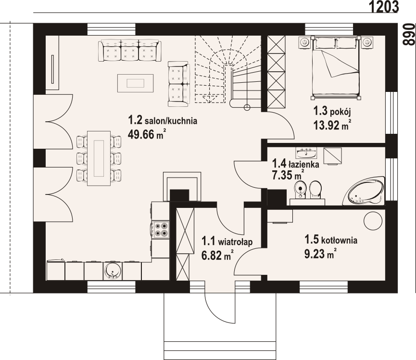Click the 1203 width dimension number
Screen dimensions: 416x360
384,7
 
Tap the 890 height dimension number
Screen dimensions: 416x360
408,35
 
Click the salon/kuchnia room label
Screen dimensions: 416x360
163,120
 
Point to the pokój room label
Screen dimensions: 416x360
332,112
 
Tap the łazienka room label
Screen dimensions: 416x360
296,164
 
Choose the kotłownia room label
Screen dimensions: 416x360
330,240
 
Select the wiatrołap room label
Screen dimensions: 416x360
227,242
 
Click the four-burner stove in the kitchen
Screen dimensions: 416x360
161,230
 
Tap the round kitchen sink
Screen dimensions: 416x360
113,271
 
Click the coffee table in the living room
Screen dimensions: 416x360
135,83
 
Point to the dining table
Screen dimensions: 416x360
99,158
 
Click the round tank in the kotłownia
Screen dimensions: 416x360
373,221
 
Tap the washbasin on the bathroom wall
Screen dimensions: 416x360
306,153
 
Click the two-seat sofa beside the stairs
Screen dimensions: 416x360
179,84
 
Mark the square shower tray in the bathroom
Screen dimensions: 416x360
332,156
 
